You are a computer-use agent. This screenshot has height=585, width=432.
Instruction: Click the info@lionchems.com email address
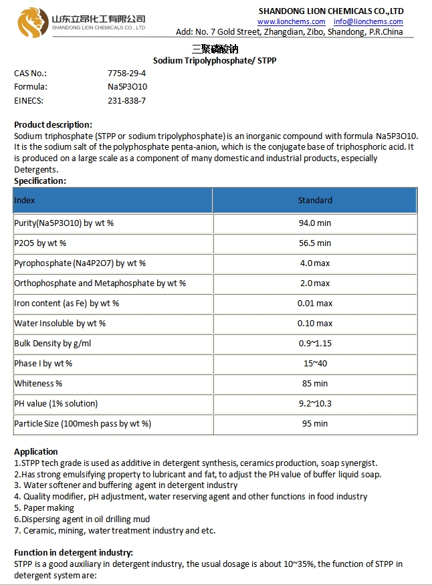click(x=368, y=22)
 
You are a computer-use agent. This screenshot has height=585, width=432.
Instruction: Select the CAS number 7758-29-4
click(x=127, y=73)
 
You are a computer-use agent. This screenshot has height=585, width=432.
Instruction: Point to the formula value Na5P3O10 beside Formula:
click(x=127, y=87)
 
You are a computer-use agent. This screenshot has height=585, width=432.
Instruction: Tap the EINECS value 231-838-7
click(x=126, y=101)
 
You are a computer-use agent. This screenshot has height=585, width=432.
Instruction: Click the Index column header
click(x=25, y=200)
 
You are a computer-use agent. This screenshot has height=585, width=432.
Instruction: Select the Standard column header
click(x=314, y=200)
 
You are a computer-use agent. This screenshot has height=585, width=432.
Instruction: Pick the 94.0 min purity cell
click(x=314, y=223)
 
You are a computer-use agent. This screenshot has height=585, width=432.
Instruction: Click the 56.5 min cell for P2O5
click(x=314, y=243)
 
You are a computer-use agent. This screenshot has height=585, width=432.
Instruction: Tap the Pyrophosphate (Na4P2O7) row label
click(x=80, y=263)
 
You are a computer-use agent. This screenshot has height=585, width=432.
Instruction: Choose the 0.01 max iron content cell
click(x=314, y=304)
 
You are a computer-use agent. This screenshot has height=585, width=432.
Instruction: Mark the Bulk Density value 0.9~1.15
click(x=314, y=344)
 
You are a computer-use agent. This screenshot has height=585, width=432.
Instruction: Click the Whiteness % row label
click(x=38, y=384)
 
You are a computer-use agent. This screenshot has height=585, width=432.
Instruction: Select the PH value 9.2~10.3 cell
click(x=314, y=404)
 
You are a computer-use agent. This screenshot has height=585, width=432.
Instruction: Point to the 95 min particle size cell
click(x=314, y=424)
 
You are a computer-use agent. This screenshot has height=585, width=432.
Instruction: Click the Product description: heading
click(x=53, y=124)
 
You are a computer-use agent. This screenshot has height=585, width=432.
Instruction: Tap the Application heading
click(x=36, y=451)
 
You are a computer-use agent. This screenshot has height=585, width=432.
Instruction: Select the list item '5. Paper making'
click(x=44, y=508)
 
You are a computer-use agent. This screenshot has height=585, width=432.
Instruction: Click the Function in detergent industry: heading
click(x=74, y=552)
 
